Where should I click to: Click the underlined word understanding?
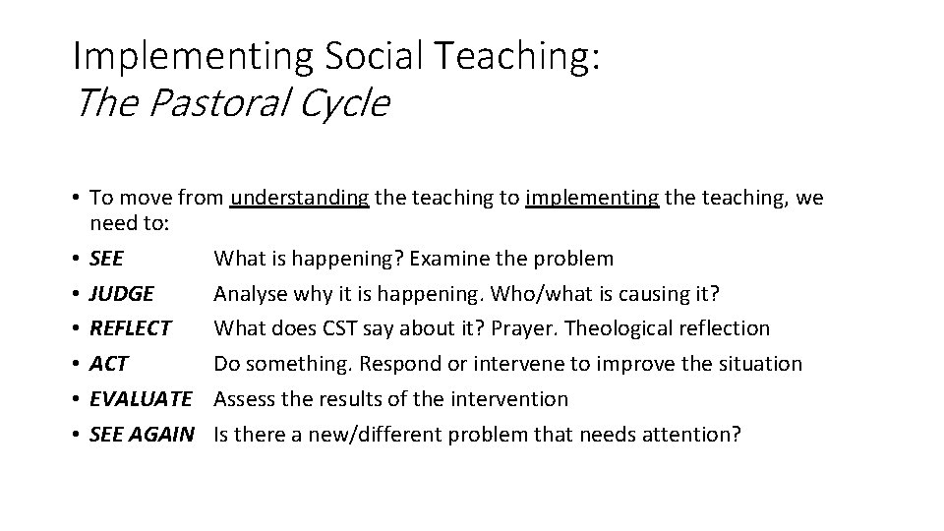(300, 199)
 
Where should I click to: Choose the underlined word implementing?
(593, 199)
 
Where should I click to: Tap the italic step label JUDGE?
(121, 293)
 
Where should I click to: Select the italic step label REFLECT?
(130, 328)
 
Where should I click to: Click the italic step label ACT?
(108, 364)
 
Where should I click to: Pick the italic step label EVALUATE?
(140, 399)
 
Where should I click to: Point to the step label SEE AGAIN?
(141, 434)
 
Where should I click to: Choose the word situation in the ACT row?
(761, 364)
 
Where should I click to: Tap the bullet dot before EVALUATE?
(77, 399)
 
